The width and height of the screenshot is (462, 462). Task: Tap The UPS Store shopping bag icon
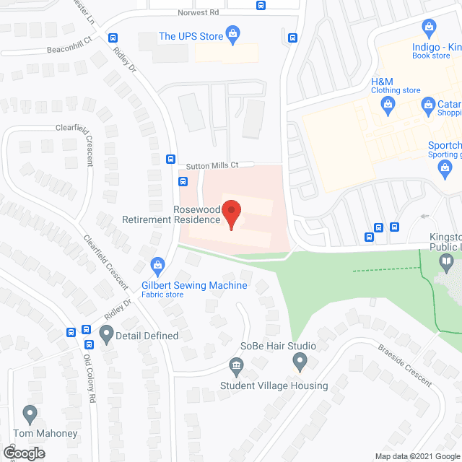point(232,32)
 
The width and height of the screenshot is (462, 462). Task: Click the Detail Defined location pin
point(107,334)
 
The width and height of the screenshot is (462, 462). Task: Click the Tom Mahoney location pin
point(30,414)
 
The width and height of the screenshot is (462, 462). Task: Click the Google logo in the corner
point(23,453)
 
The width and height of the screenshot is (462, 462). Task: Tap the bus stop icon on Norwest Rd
point(261,6)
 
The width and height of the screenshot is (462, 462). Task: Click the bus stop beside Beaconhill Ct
point(113,38)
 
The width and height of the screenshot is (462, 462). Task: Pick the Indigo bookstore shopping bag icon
point(430,28)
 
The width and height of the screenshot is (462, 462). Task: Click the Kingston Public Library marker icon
point(448,262)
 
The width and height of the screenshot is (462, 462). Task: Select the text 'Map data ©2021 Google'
point(417,456)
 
